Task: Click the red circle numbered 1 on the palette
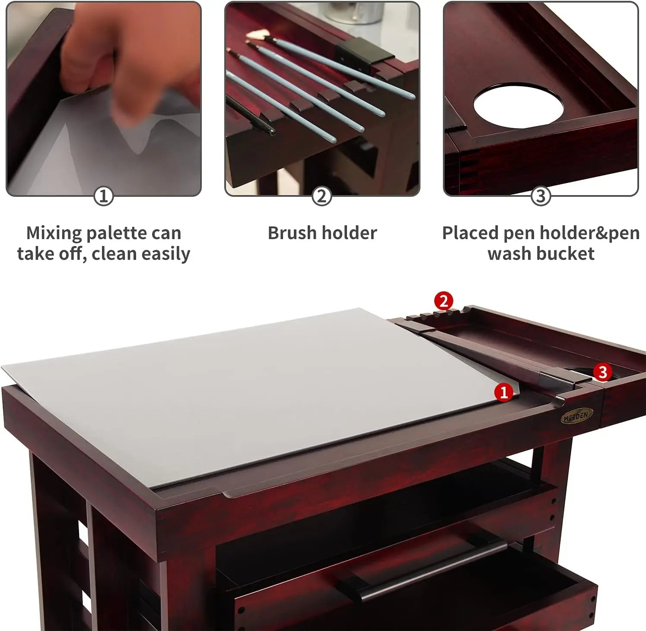coord(503,392)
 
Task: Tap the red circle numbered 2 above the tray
coord(444,300)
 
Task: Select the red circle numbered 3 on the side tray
coord(602,372)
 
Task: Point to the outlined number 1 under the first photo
coord(103,196)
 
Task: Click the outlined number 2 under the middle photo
coord(321,196)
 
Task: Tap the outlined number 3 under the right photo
coord(541,196)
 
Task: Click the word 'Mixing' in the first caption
coord(54,233)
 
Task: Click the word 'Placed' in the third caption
coord(470,233)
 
